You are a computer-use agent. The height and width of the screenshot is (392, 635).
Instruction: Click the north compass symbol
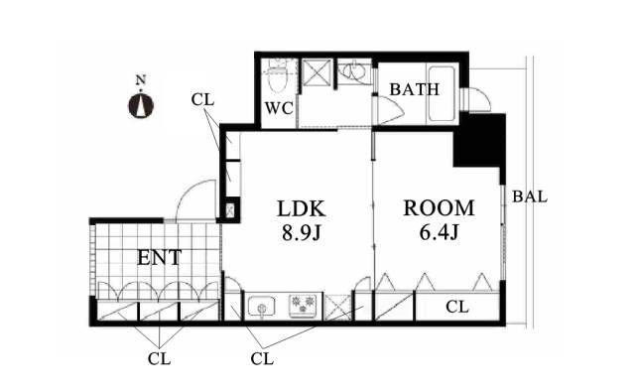(141, 105)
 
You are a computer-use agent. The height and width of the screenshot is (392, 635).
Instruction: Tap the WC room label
(279, 108)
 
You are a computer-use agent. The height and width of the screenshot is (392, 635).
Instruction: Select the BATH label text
(415, 89)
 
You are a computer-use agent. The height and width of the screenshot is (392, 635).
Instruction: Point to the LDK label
(302, 208)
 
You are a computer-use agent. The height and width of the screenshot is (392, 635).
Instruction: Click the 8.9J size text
(302, 233)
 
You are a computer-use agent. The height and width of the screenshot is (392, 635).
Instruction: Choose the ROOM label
(439, 207)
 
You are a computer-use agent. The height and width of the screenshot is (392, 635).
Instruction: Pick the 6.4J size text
(439, 232)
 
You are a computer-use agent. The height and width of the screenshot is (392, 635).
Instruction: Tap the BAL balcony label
(530, 196)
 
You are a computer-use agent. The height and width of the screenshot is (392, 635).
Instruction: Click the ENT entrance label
(159, 258)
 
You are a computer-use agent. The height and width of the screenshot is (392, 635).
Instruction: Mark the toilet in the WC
(278, 77)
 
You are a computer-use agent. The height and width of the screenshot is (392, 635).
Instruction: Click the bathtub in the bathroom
(442, 93)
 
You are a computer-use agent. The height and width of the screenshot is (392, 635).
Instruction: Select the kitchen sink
(261, 306)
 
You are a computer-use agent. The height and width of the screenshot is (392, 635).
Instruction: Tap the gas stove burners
(303, 305)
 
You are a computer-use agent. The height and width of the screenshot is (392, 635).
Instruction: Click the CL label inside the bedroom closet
(457, 307)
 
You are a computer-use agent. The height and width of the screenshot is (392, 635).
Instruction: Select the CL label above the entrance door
(202, 99)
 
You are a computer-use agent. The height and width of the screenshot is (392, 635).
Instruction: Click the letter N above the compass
(141, 80)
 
